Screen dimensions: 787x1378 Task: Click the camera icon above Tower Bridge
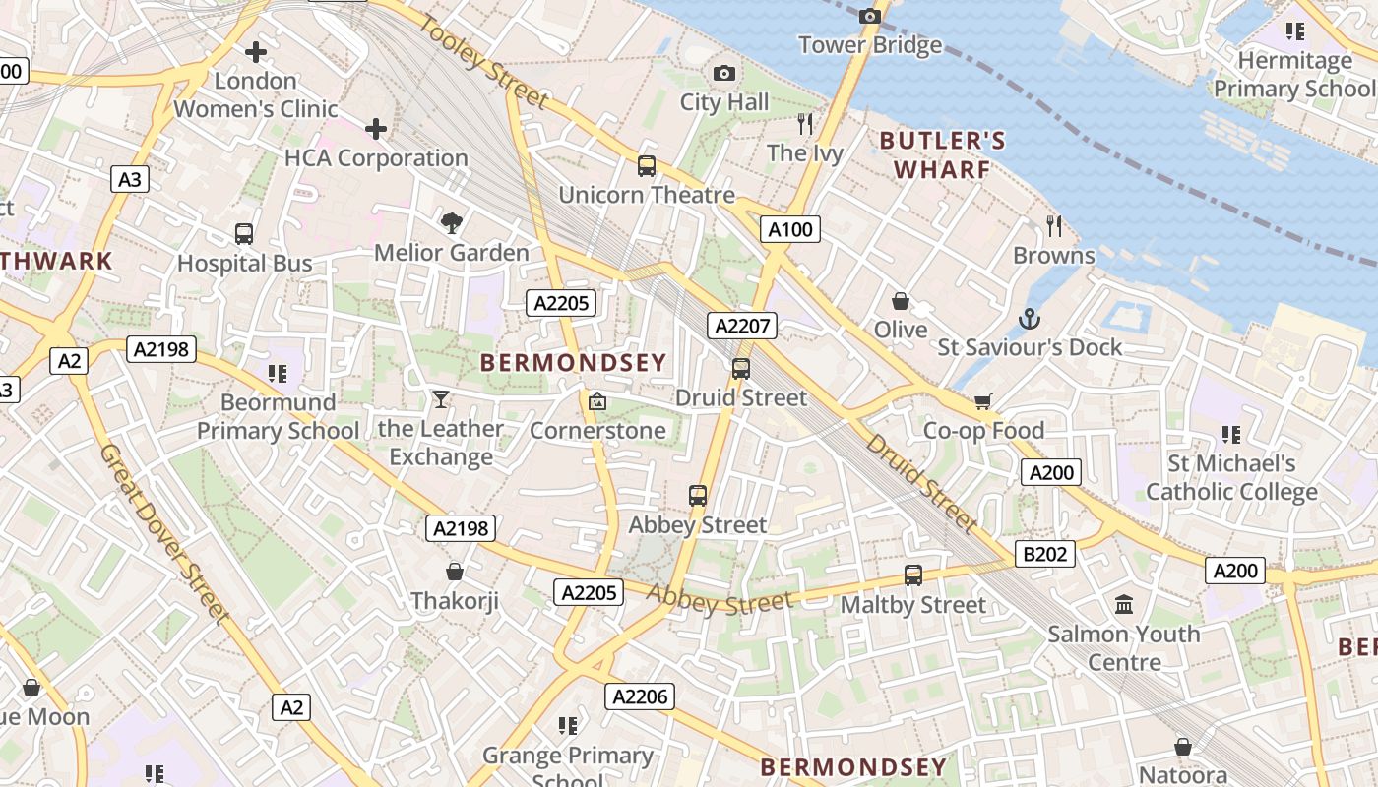pyautogui.click(x=869, y=16)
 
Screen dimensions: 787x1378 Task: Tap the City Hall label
pyautogui.click(x=724, y=102)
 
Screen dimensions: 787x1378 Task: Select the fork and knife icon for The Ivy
pyautogui.click(x=805, y=124)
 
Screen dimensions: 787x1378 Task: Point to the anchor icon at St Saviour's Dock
pyautogui.click(x=1029, y=319)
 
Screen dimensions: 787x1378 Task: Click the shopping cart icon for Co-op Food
pyautogui.click(x=982, y=401)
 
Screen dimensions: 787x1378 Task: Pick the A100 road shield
pyautogui.click(x=790, y=230)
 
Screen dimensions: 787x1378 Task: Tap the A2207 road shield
pyautogui.click(x=742, y=327)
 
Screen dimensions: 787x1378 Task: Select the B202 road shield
pyautogui.click(x=1045, y=554)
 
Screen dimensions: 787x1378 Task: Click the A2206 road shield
pyautogui.click(x=640, y=696)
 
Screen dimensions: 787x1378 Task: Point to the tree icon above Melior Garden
pyautogui.click(x=452, y=223)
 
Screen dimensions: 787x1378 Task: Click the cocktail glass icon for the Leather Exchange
pyautogui.click(x=440, y=399)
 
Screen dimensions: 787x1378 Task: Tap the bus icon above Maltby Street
pyautogui.click(x=913, y=575)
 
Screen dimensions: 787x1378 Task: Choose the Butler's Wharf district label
pyautogui.click(x=943, y=155)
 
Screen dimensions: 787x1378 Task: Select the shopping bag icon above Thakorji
pyautogui.click(x=455, y=572)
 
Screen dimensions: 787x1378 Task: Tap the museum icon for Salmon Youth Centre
pyautogui.click(x=1124, y=604)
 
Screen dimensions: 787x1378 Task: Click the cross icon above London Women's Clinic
pyautogui.click(x=256, y=51)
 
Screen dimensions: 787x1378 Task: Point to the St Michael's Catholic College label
pyautogui.click(x=1230, y=477)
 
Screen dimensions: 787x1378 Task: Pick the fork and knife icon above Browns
pyautogui.click(x=1054, y=226)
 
